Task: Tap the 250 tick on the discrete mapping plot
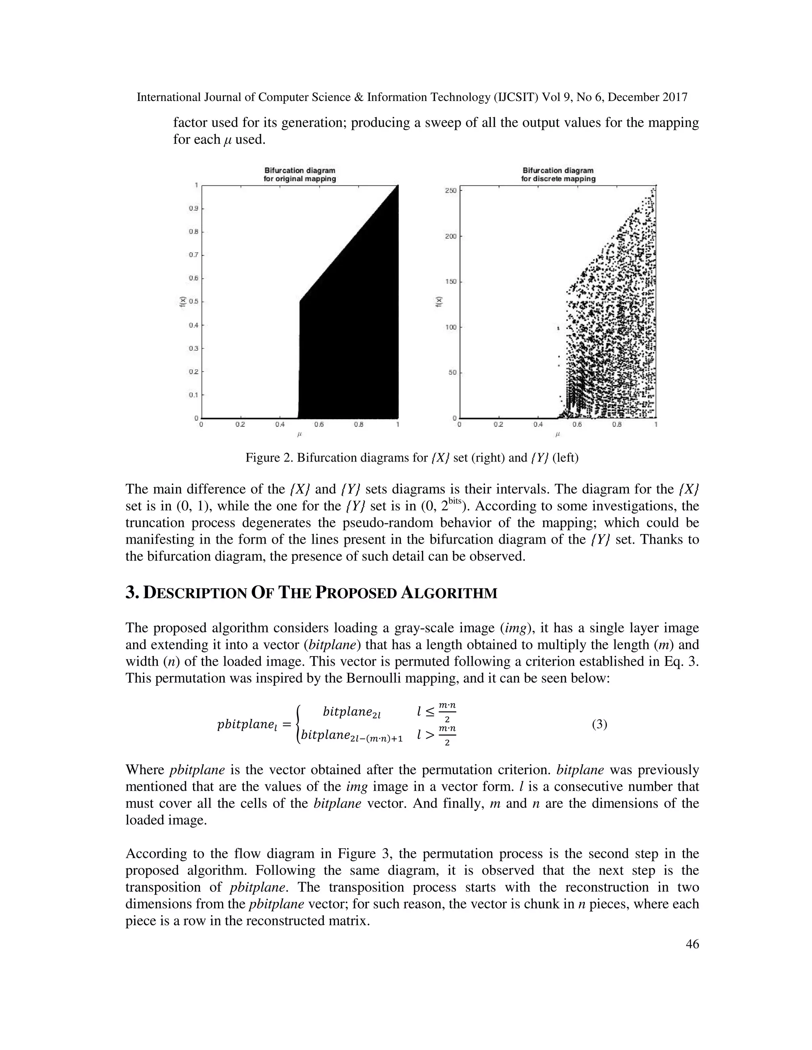coord(450,191)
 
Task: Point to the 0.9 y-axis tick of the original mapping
coord(193,209)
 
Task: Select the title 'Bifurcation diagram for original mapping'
coord(300,174)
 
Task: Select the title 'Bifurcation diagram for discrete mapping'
coord(558,174)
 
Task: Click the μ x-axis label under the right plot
coord(558,434)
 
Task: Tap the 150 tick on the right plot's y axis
coord(450,282)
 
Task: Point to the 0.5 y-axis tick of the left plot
coord(193,302)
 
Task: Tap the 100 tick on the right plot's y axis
coord(450,327)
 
